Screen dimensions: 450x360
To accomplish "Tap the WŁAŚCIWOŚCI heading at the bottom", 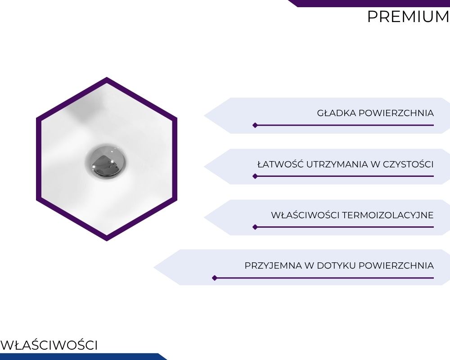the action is pyautogui.click(x=49, y=345).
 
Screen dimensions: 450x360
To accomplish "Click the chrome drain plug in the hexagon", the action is pyautogui.click(x=106, y=161).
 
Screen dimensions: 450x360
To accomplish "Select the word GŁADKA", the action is pyautogui.click(x=336, y=113).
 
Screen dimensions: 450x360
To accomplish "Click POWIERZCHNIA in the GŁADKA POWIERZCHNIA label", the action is pyautogui.click(x=396, y=113).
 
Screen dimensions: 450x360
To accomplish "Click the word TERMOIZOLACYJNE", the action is pyautogui.click(x=388, y=215).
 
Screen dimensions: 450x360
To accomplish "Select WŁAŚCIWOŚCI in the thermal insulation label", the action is pyautogui.click(x=306, y=215).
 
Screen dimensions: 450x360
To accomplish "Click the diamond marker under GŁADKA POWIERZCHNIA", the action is pyautogui.click(x=255, y=125).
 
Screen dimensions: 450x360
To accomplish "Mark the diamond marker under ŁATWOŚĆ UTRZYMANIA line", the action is pyautogui.click(x=255, y=176).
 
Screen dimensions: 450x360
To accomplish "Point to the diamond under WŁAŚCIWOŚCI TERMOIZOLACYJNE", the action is pyautogui.click(x=255, y=227).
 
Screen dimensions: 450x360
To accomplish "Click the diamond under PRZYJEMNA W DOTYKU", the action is pyautogui.click(x=214, y=278).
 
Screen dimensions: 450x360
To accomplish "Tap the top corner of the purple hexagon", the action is pyautogui.click(x=107, y=77).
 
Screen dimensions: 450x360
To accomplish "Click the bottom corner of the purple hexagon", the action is pyautogui.click(x=107, y=241).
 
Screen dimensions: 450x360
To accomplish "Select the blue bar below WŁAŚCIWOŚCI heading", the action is pyautogui.click(x=83, y=356).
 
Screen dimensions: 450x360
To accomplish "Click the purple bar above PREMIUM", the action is pyautogui.click(x=369, y=3).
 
